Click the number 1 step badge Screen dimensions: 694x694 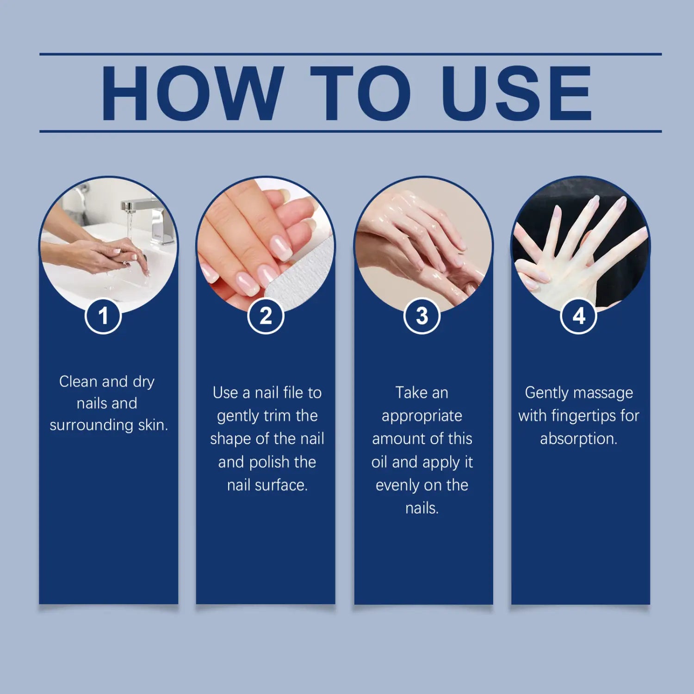click(x=103, y=316)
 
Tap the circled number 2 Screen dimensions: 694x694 click(x=266, y=316)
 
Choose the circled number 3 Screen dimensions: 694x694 click(x=421, y=316)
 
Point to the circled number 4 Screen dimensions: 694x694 click(x=578, y=316)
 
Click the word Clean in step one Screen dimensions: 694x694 click(x=78, y=382)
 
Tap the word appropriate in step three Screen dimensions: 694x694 click(x=421, y=416)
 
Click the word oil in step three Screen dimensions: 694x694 click(x=379, y=462)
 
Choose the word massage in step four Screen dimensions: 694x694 click(x=608, y=393)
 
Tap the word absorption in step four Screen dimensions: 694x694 click(x=578, y=439)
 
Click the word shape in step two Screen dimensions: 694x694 click(x=229, y=439)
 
